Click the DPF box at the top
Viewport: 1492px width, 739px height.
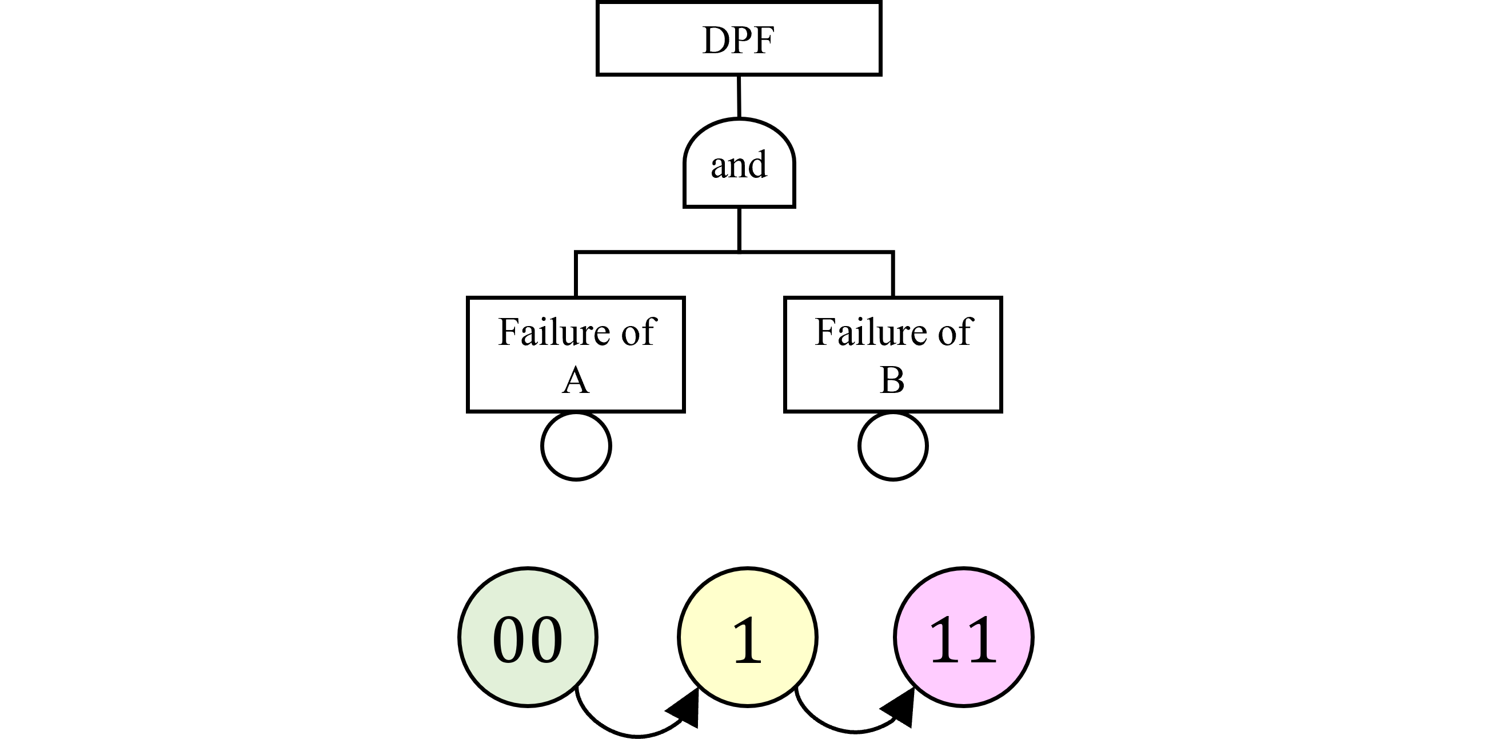click(x=739, y=39)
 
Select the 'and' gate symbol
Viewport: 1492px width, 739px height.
click(x=739, y=164)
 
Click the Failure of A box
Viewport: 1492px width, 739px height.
click(x=576, y=354)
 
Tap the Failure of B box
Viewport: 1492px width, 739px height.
click(x=892, y=354)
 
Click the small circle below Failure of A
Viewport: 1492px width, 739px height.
click(x=576, y=446)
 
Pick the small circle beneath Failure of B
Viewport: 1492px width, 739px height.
click(x=892, y=446)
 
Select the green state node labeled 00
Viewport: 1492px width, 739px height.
click(x=528, y=637)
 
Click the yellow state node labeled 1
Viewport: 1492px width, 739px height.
click(x=747, y=637)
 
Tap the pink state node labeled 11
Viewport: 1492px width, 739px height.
click(x=963, y=637)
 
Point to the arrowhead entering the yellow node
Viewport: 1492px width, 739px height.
click(x=687, y=710)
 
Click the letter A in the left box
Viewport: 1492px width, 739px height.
click(x=576, y=381)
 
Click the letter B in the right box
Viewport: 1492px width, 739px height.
click(x=892, y=381)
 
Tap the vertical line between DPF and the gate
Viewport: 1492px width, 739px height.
click(x=739, y=96)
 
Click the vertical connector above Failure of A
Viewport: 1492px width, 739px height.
click(x=576, y=274)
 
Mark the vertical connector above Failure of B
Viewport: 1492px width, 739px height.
click(x=892, y=274)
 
